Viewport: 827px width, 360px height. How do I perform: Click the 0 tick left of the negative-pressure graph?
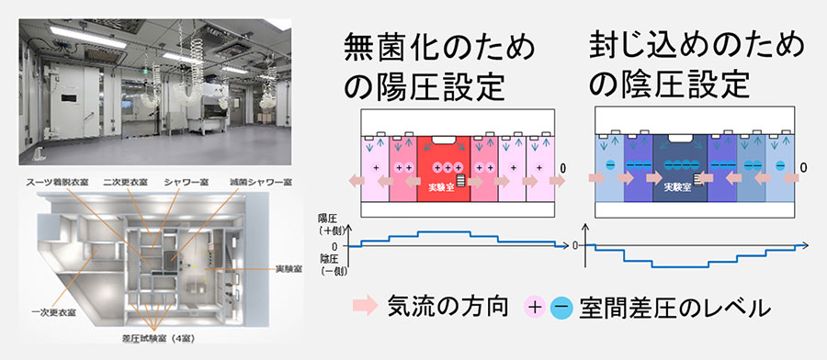pyautogui.click(x=577, y=245)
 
